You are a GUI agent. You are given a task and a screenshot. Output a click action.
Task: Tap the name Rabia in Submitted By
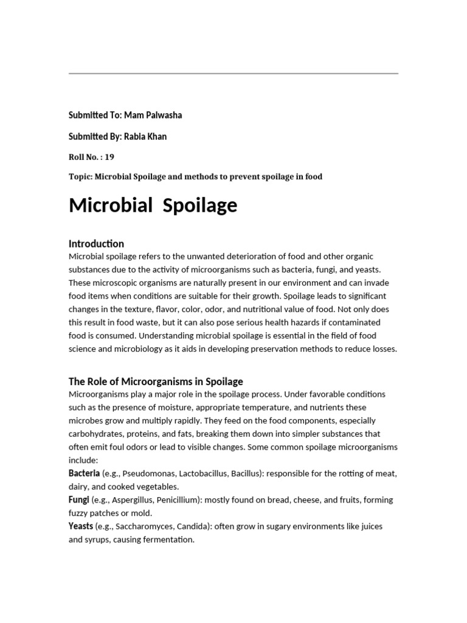[135, 136]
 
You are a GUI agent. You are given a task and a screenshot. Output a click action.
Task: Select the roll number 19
[109, 156]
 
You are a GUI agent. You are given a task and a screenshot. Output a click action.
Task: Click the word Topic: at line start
[81, 176]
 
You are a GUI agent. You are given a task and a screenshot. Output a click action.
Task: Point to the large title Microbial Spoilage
[153, 206]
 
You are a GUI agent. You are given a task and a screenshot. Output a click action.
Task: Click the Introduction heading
[97, 243]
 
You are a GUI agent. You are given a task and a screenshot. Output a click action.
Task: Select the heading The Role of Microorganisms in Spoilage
[156, 381]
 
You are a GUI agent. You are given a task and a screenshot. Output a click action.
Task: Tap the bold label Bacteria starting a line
[85, 473]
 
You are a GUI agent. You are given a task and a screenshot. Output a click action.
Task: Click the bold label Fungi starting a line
[79, 499]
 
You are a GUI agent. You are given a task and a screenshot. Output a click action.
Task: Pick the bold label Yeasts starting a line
[81, 526]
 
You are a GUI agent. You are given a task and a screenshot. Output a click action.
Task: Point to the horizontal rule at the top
[233, 74]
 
